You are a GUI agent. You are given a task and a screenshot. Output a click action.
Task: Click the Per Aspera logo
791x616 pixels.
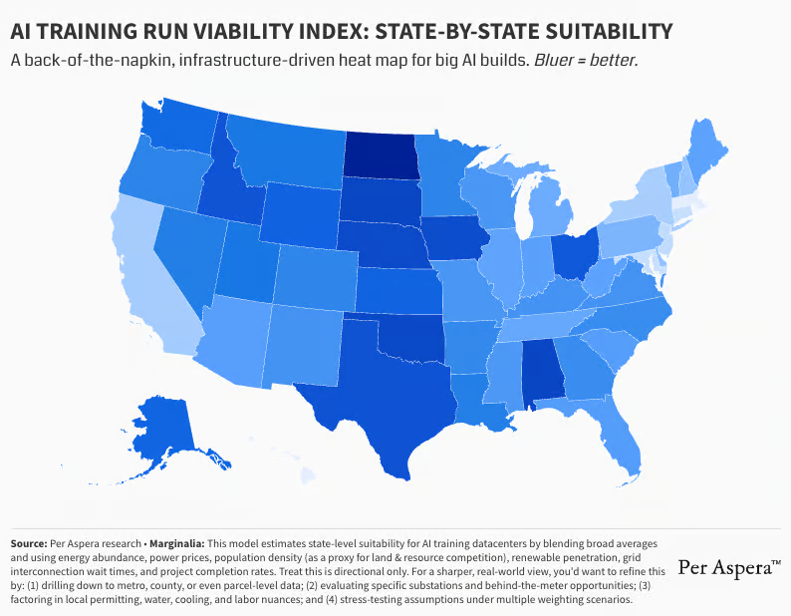click(x=728, y=567)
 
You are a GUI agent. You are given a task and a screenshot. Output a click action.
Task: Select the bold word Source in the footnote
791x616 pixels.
click(x=33, y=543)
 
